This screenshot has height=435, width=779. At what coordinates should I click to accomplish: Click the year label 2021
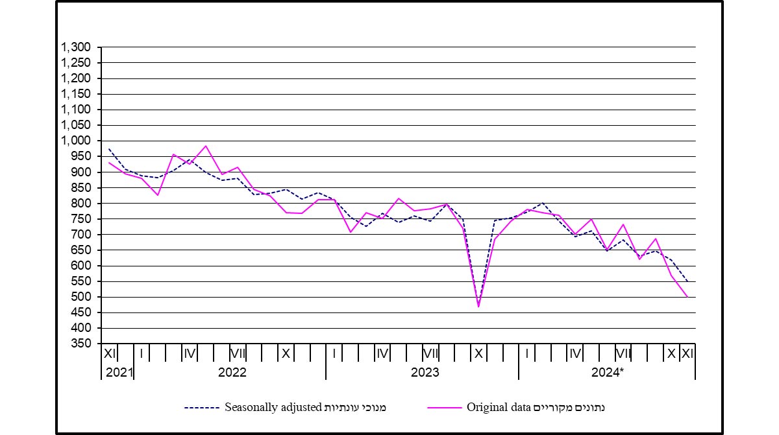[117, 372]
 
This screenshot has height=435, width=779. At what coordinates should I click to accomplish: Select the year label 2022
[232, 372]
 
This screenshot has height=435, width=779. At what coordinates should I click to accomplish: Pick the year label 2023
[425, 372]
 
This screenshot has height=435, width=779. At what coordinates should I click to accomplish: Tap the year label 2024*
[608, 372]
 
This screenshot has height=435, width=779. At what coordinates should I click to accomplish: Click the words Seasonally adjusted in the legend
[273, 408]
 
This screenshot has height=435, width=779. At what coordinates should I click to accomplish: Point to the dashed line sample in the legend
[203, 408]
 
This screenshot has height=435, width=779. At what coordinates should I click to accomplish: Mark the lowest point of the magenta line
[478, 306]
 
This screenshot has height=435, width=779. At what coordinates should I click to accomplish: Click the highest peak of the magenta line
[206, 146]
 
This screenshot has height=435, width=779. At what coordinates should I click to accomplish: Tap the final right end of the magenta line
[687, 296]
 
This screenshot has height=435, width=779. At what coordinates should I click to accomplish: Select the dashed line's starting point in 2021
[109, 149]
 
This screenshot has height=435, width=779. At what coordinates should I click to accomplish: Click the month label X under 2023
[478, 353]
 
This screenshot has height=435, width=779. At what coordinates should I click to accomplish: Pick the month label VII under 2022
[238, 353]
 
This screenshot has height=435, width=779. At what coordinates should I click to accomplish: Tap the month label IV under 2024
[575, 353]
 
